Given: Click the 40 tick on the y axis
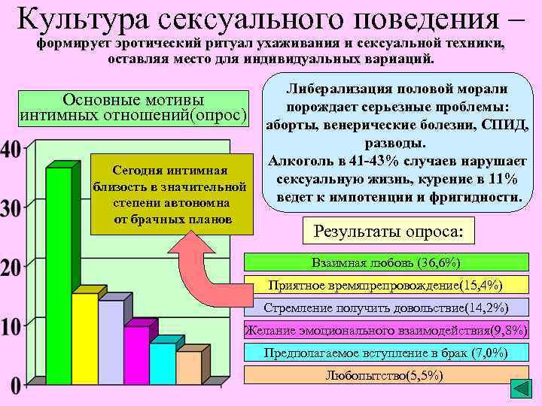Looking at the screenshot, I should (11, 150).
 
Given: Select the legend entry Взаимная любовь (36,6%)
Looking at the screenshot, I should (385, 262).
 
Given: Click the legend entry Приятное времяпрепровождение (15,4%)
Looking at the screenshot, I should (385, 285).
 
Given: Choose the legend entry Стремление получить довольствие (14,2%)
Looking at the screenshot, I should (385, 308).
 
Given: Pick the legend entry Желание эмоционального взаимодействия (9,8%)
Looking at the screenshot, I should (386, 330).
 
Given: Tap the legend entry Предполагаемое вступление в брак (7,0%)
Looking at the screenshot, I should (385, 353).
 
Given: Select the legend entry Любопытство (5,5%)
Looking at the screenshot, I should (385, 375).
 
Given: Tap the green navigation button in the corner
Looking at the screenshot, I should (521, 389).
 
